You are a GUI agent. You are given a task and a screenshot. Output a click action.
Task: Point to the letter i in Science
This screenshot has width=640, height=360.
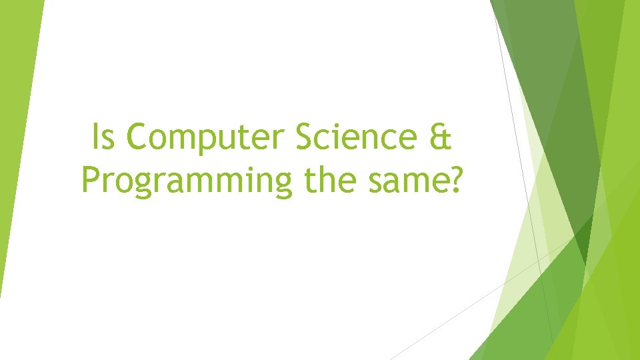pyautogui.click(x=340, y=138)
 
